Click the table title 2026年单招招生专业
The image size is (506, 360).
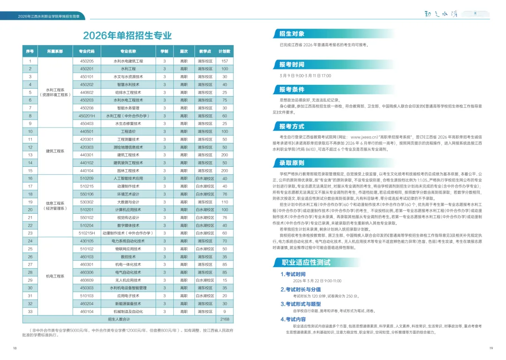[127, 36]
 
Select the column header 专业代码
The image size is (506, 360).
[87, 51]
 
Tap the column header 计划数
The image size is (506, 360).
[224, 51]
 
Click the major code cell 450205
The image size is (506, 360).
[87, 61]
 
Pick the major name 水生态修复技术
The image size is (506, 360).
[128, 124]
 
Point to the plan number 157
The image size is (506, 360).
[224, 61]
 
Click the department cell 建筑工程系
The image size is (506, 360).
[55, 151]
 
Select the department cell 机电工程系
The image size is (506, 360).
[55, 277]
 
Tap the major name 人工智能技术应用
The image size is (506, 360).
[128, 179]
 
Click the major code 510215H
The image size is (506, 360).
[87, 233]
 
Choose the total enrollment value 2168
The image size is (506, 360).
[224, 319]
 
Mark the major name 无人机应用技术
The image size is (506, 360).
[128, 280]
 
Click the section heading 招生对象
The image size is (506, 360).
[292, 34]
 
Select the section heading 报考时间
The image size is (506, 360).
[292, 65]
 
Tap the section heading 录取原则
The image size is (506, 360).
[292, 163]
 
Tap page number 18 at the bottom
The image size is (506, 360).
[15, 348]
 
